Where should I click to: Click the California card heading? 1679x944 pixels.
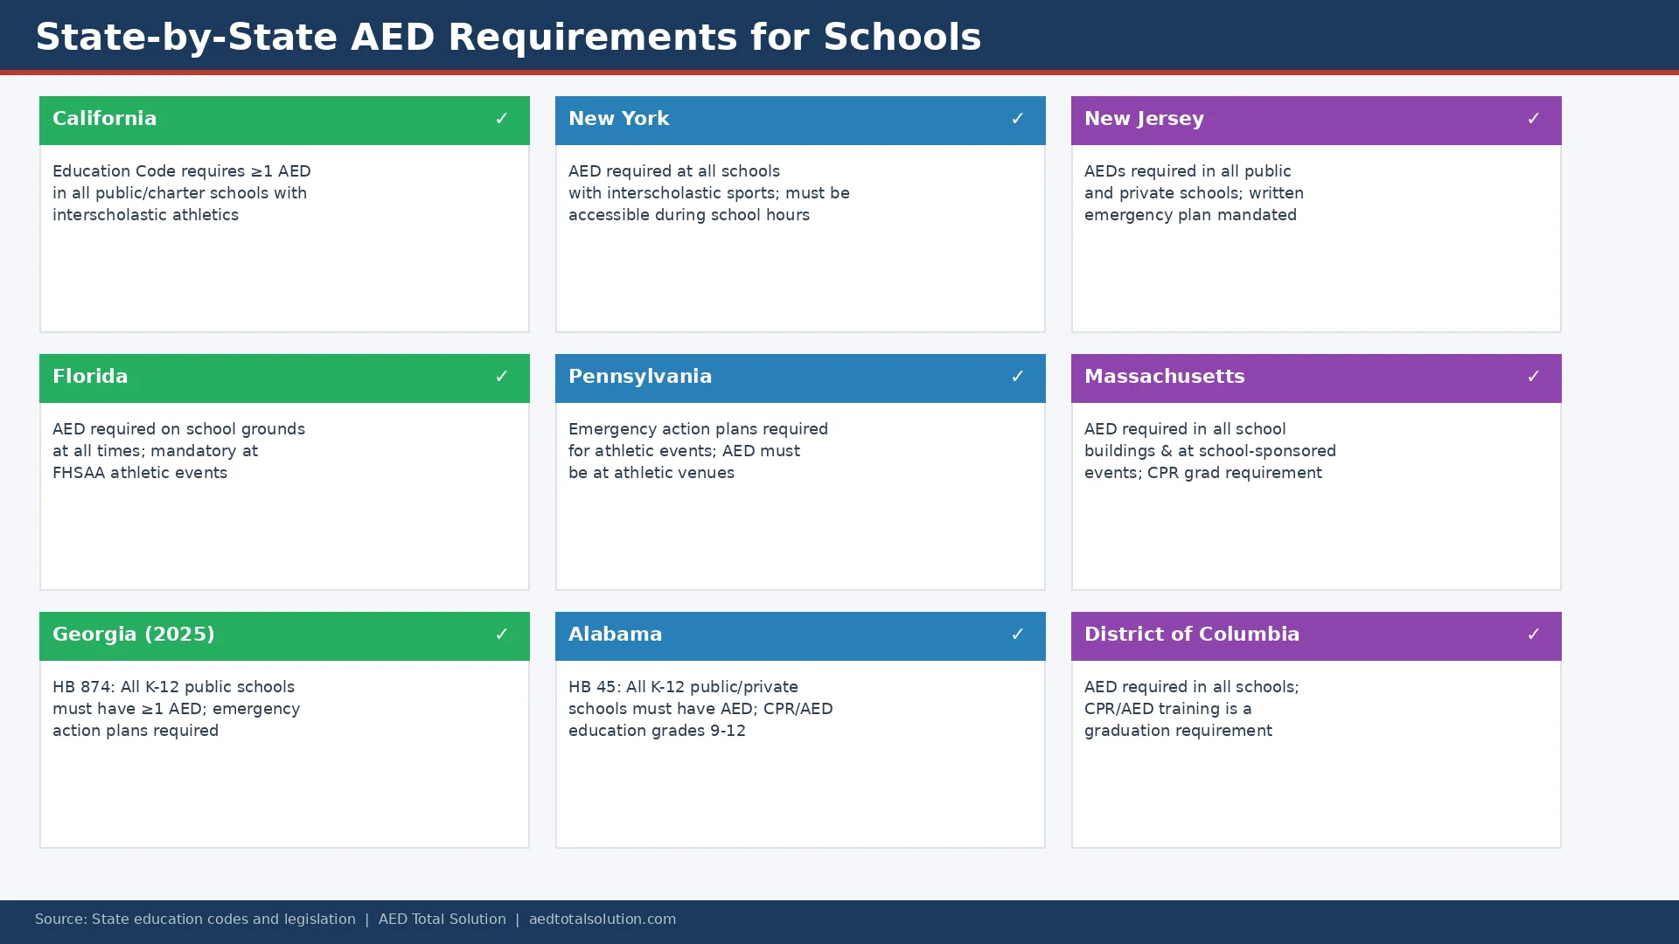click(x=105, y=119)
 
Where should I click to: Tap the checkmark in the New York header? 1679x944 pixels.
click(x=1017, y=119)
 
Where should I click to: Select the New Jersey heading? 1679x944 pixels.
click(x=1144, y=119)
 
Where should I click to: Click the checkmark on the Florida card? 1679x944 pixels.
click(x=501, y=377)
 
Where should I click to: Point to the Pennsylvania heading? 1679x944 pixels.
click(x=640, y=377)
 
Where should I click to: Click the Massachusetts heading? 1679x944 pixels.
click(x=1164, y=377)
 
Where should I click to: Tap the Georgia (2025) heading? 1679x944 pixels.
click(x=133, y=635)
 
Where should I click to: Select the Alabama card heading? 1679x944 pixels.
click(x=615, y=635)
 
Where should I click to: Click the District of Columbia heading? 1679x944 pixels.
click(x=1191, y=635)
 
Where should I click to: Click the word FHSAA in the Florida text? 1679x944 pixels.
click(x=79, y=473)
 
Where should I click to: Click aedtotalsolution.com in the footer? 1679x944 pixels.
click(x=602, y=920)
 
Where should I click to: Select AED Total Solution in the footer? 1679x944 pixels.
click(x=442, y=920)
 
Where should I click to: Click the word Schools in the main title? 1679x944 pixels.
click(x=902, y=38)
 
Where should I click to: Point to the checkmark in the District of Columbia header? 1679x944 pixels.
click(x=1533, y=635)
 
